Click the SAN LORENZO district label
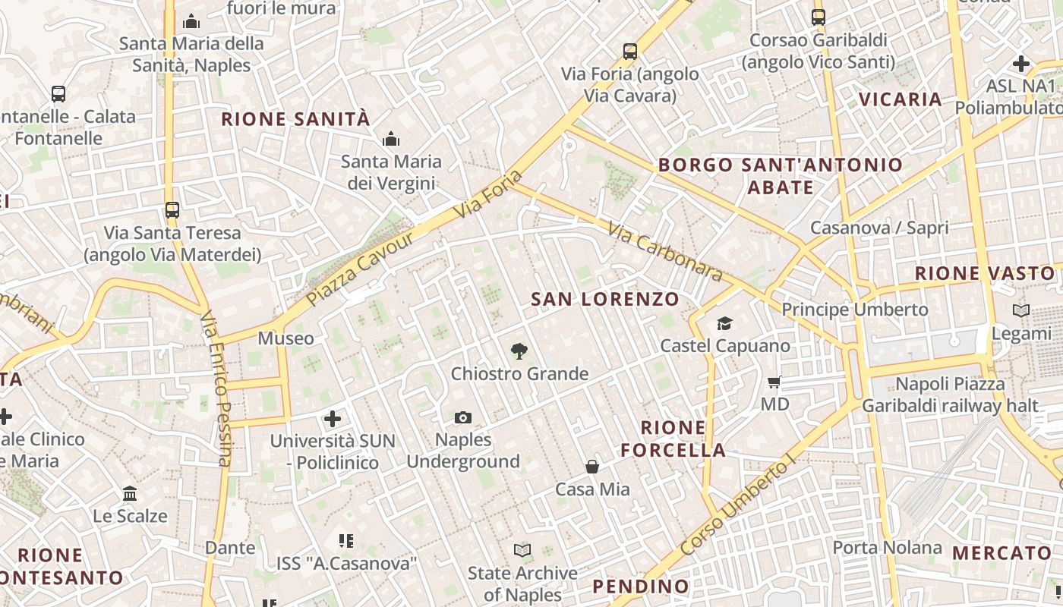coord(605,299)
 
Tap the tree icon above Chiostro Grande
coord(519,351)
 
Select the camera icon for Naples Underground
coord(463,417)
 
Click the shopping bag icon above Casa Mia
coord(592,467)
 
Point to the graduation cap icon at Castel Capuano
coord(724,324)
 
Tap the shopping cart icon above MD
coord(774,382)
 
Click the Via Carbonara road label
coord(664,251)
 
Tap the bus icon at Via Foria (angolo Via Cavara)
coord(630,52)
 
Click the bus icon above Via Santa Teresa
coord(172,210)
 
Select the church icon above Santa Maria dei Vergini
coord(391,139)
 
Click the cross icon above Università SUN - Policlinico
coord(333,418)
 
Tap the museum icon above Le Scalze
coord(130,494)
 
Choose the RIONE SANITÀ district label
coord(295,119)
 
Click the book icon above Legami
coord(1021,310)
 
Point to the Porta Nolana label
coord(887,547)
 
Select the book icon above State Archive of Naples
coord(522,550)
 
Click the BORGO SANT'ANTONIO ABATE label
coord(781,175)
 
